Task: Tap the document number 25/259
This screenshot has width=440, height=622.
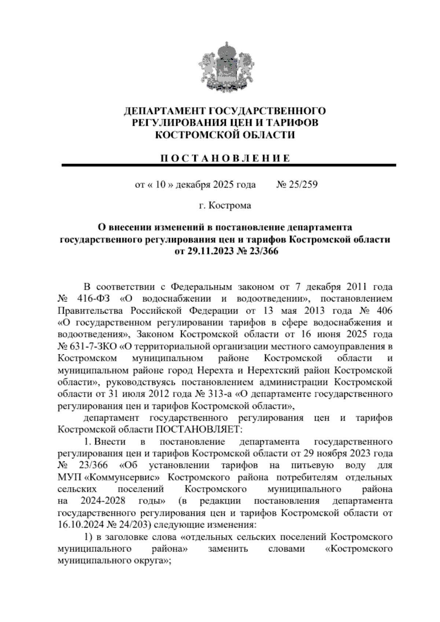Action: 303,184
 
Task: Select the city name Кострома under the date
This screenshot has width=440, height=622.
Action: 230,205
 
